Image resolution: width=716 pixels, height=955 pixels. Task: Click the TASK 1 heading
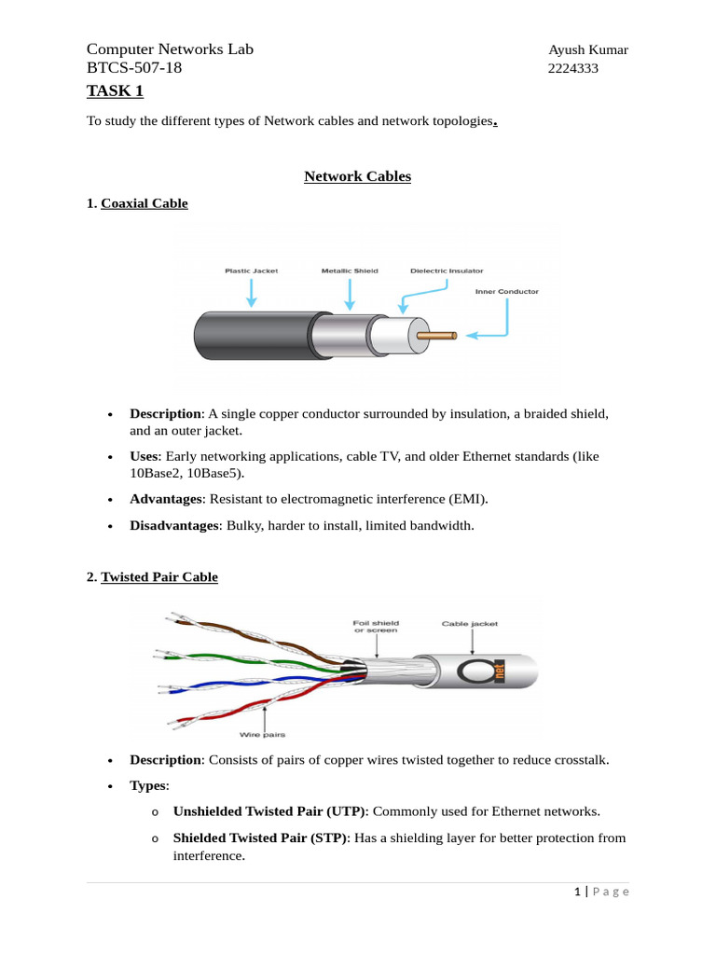point(115,90)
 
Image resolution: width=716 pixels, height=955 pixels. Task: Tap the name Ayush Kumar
point(587,49)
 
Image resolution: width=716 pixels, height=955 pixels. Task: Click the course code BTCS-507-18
point(134,68)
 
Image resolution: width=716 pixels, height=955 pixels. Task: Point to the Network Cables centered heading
point(357,176)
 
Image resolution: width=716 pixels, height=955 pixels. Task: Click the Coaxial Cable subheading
point(144,203)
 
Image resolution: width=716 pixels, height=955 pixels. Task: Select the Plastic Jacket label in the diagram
point(252,271)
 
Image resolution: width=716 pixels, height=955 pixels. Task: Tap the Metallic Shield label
point(350,271)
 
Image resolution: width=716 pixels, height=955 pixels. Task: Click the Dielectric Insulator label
point(446,271)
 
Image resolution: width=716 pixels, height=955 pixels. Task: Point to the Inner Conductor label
point(507,292)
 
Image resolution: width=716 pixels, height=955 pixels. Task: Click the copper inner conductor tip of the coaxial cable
point(438,334)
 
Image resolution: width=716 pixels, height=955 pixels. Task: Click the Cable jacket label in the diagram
point(470,623)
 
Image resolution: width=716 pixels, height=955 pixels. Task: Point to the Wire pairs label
point(265,736)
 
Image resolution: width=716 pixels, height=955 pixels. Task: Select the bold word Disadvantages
point(173,526)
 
